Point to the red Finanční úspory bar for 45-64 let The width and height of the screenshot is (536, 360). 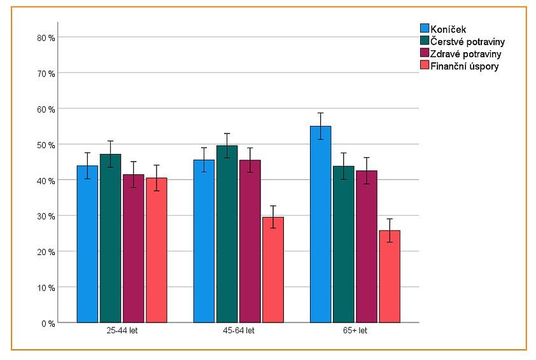(x=272, y=270)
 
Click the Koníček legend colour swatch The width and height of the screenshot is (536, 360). (x=425, y=28)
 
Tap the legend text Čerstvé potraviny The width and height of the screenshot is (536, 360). (x=465, y=41)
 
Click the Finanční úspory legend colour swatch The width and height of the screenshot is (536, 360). (x=425, y=66)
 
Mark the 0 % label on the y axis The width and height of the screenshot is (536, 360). (x=48, y=323)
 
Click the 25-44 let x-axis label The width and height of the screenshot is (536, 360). (x=122, y=331)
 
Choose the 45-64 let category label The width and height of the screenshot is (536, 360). (x=238, y=331)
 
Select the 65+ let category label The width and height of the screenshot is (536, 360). (x=355, y=331)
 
